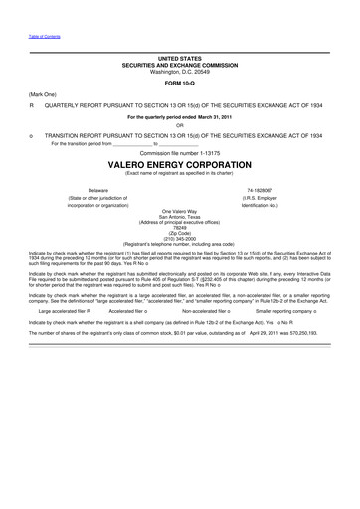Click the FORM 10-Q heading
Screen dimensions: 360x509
click(179, 83)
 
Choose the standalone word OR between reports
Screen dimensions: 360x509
click(179, 124)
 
